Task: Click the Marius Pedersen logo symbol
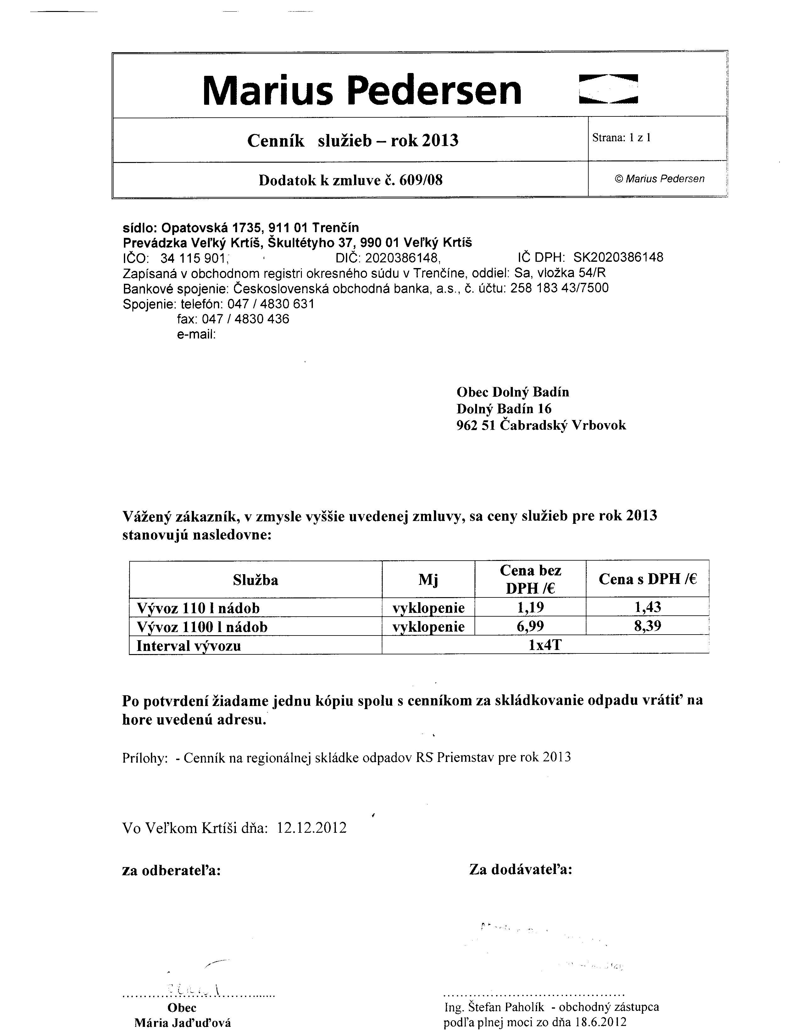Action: pyautogui.click(x=608, y=89)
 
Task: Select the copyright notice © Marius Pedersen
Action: pyautogui.click(x=659, y=179)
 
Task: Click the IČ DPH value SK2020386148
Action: pyautogui.click(x=618, y=258)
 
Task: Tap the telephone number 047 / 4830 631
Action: pyautogui.click(x=271, y=304)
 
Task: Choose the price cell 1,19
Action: pyautogui.click(x=530, y=607)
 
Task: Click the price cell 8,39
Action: pyautogui.click(x=647, y=626)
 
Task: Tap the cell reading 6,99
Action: pyautogui.click(x=530, y=626)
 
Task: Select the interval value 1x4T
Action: pyautogui.click(x=545, y=645)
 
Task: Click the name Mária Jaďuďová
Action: pyautogui.click(x=182, y=1023)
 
